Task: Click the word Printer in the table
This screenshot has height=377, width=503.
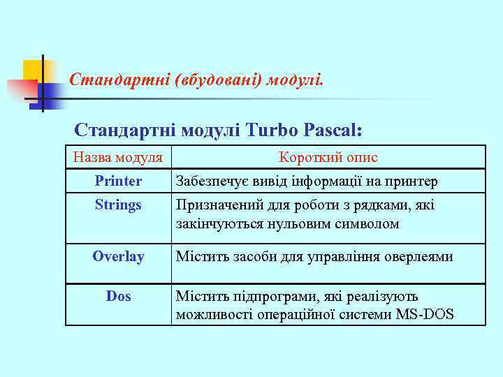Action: point(118,182)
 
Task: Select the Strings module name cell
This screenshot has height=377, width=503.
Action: point(118,205)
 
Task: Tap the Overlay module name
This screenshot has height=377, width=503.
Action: point(118,257)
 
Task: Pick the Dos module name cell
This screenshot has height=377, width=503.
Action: point(118,297)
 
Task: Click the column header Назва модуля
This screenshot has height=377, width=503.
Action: point(118,158)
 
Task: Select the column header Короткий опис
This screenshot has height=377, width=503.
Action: point(328,158)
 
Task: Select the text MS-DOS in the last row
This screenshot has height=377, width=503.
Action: point(425,315)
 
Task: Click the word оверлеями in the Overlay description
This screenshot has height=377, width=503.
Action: point(418,257)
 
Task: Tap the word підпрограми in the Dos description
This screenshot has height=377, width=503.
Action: point(264,297)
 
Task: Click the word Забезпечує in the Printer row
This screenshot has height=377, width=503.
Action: point(210,182)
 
